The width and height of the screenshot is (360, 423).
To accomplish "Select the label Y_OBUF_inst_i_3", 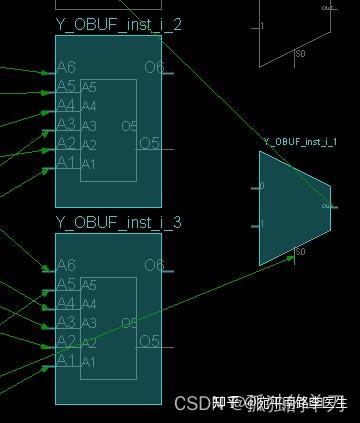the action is pos(118,222).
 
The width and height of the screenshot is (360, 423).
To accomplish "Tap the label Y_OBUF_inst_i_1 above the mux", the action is pos(299,143).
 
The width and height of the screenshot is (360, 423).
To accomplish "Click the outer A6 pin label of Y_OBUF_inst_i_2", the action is pos(66,67).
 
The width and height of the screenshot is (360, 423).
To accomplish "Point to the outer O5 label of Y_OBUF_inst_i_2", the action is pos(149,143).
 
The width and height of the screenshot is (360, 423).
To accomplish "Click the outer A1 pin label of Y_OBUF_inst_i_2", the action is pos(66,162).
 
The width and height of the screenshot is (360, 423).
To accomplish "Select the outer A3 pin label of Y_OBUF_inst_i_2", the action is pos(66,124).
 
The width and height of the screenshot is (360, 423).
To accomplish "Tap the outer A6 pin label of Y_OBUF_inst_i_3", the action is pos(66,265).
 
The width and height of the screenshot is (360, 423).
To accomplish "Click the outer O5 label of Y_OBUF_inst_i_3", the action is pos(149,341).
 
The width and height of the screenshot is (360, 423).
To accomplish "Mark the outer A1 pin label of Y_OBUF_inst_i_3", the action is pos(66,360).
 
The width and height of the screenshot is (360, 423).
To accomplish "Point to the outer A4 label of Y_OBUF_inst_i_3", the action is pos(66,303).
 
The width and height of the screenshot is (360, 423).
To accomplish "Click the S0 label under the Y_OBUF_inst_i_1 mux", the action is pos(300,252).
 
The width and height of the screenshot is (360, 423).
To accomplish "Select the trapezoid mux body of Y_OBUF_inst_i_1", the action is pos(292,207).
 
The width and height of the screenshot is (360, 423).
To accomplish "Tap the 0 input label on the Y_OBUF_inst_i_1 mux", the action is pos(262,186).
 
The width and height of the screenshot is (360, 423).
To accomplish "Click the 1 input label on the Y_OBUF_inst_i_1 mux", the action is pos(262,225).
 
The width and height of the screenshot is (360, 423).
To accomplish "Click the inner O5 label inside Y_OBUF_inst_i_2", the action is pos(129,126).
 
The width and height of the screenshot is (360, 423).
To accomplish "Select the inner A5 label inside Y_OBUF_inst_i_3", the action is pos(89,286).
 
